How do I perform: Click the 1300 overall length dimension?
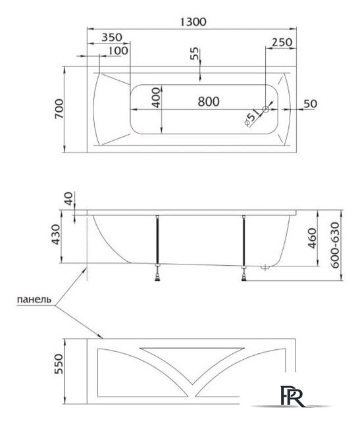(193, 22)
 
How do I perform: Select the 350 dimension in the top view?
(112, 37)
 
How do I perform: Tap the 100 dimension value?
(118, 51)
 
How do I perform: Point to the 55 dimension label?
(195, 53)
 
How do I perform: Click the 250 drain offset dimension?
(282, 42)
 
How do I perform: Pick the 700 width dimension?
(59, 109)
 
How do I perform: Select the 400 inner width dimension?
(156, 98)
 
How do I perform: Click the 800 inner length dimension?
(209, 101)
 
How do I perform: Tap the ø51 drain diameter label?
(252, 117)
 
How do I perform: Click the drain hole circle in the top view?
(266, 109)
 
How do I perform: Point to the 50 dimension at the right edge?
(310, 104)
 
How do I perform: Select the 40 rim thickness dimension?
(69, 199)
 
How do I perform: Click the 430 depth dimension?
(56, 235)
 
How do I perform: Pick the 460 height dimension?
(312, 238)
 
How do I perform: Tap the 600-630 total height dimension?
(335, 245)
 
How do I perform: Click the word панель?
(34, 299)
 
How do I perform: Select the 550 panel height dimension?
(59, 364)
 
